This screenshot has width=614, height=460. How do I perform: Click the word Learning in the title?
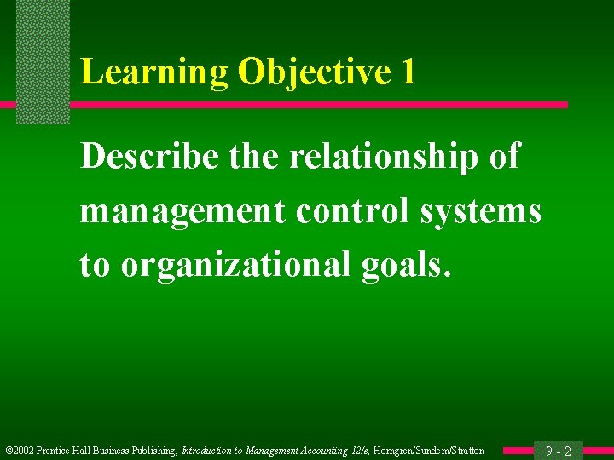click(154, 72)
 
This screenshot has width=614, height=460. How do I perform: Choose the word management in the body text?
click(182, 211)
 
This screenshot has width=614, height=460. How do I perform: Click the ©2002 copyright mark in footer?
click(19, 451)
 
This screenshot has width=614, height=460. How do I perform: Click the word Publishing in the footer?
click(153, 451)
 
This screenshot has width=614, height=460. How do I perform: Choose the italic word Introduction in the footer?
click(211, 451)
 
